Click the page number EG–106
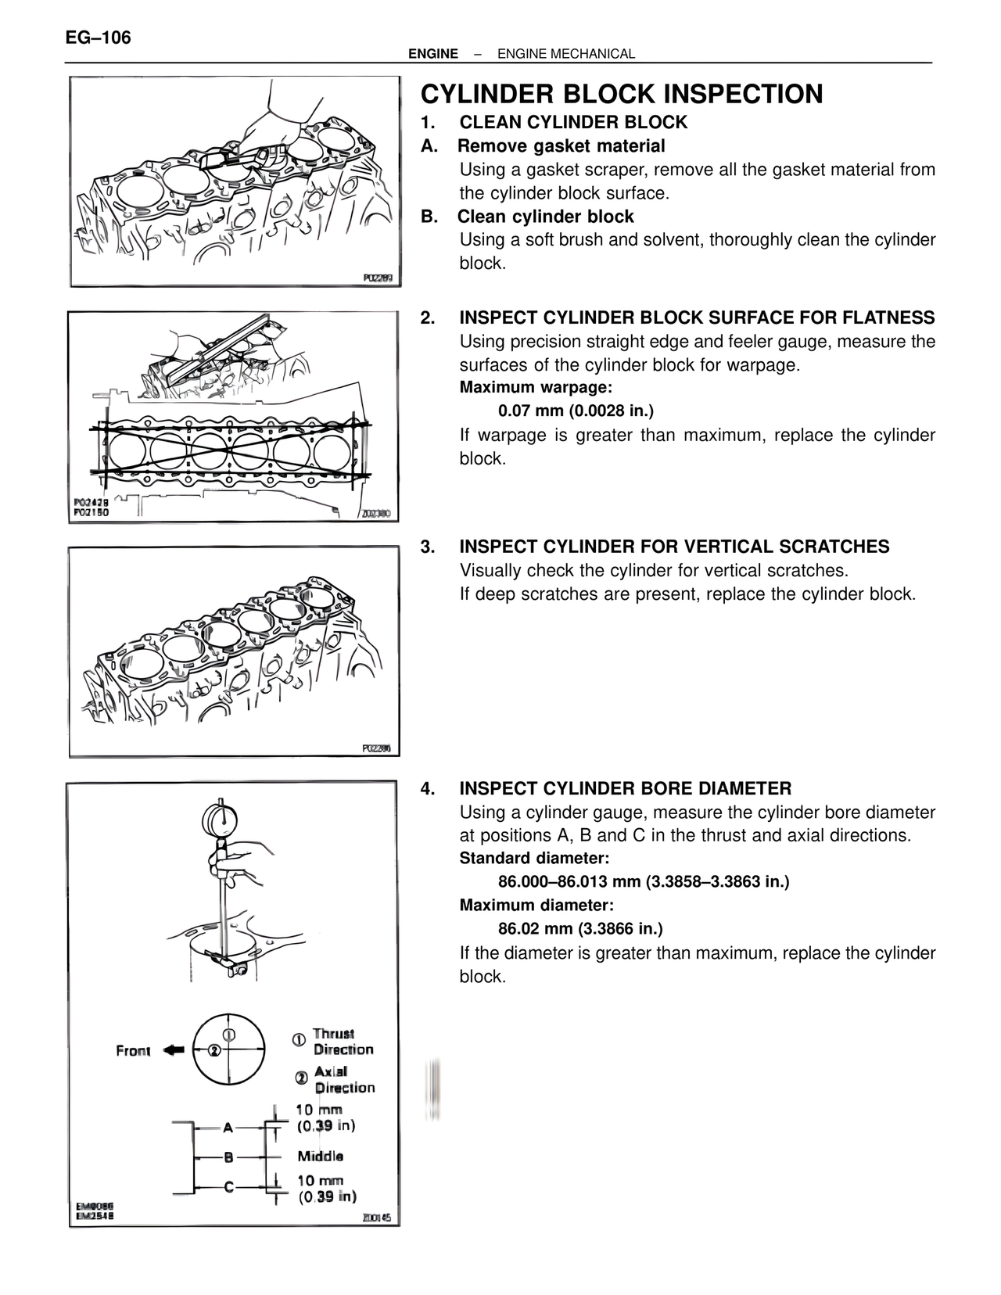tap(99, 38)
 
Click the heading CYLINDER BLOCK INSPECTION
tap(622, 95)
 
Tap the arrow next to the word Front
tap(174, 1050)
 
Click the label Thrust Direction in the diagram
tap(343, 1042)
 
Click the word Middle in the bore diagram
tap(320, 1156)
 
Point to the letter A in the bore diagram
tap(228, 1128)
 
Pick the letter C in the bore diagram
tap(228, 1187)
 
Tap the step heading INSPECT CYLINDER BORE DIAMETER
tap(625, 788)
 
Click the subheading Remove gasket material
tap(561, 146)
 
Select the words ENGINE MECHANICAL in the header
tap(565, 54)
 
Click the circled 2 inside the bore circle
tap(213, 1050)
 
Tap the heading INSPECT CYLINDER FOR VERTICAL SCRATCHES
tap(673, 547)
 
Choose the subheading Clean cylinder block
tap(545, 217)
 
